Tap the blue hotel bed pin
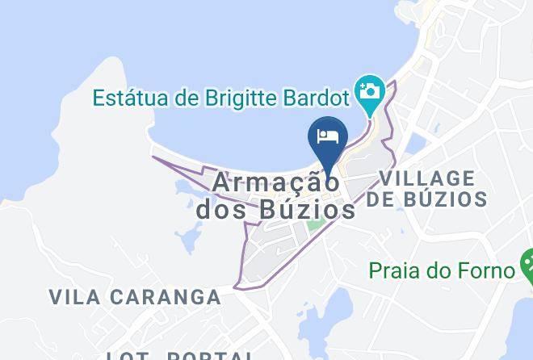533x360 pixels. (x=328, y=136)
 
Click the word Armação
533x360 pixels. (x=276, y=182)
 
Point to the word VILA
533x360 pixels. (x=75, y=297)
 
